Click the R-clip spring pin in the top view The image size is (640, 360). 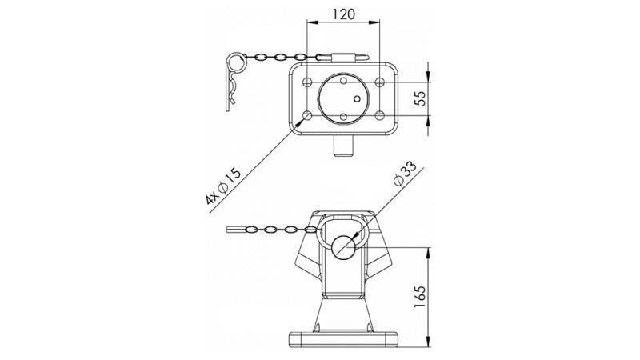tap(233, 80)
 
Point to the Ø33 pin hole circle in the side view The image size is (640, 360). tap(344, 246)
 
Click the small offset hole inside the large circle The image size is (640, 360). tap(358, 100)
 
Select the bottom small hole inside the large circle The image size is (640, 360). tap(342, 118)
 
